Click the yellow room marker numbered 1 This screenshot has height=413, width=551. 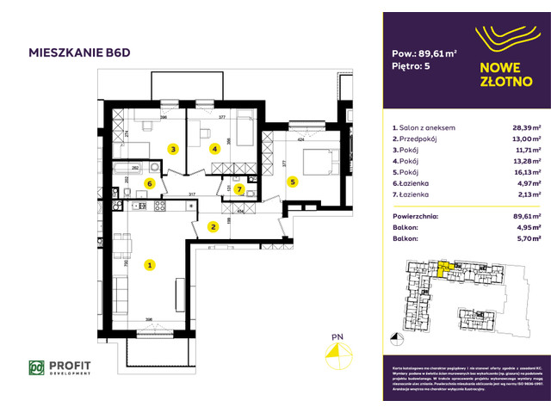click(x=149, y=265)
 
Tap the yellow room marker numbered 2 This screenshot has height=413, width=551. click(x=212, y=227)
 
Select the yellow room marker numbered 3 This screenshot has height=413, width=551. click(x=173, y=149)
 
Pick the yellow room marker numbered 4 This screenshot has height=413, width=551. click(x=215, y=149)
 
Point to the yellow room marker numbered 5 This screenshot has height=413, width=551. click(x=293, y=182)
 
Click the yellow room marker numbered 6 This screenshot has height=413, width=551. click(x=149, y=183)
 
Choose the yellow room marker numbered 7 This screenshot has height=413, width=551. click(x=239, y=188)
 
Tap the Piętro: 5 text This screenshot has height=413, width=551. click(x=412, y=65)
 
